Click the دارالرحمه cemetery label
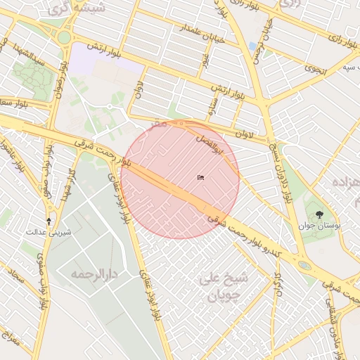[92, 273]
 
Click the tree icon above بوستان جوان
[321, 214]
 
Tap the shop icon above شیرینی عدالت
[49, 220]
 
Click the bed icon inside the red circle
[200, 177]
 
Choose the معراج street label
[10, 343]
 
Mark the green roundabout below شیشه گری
[65, 37]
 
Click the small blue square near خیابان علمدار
[252, 46]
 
